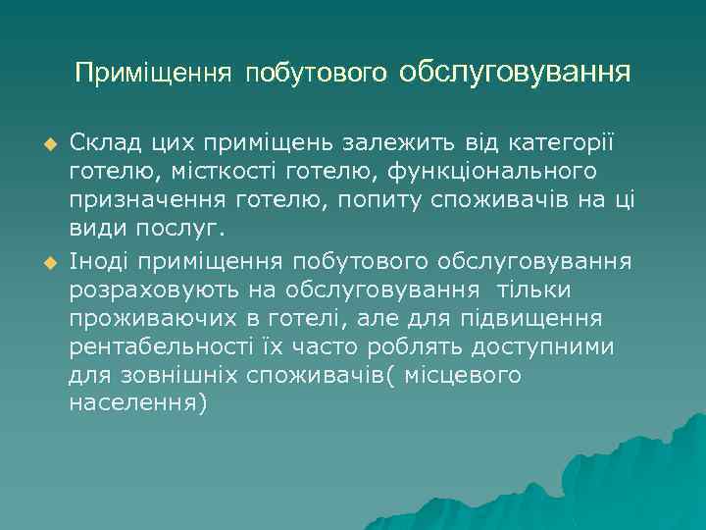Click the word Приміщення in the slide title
coord(153,74)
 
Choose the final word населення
coord(138,404)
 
